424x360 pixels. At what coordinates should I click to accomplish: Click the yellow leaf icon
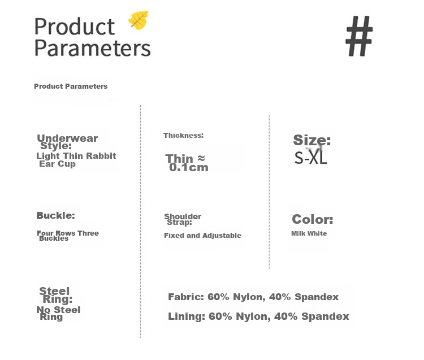click(139, 20)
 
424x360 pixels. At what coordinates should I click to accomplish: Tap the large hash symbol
click(360, 36)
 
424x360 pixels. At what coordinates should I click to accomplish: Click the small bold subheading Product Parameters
click(71, 86)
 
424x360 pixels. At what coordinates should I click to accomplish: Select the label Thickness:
click(183, 136)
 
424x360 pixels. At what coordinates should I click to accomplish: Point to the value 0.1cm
click(189, 168)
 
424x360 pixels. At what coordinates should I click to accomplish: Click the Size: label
click(311, 140)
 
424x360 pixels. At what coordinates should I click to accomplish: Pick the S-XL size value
click(311, 158)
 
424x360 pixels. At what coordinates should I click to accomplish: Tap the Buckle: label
click(56, 215)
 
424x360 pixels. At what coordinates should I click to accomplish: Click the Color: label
click(312, 219)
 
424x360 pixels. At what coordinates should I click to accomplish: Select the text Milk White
click(309, 233)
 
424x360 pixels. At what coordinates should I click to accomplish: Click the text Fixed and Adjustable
click(202, 236)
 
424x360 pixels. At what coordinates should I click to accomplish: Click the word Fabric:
click(186, 297)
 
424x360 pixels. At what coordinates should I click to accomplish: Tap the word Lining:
click(187, 316)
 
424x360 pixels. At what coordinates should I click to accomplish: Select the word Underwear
click(67, 138)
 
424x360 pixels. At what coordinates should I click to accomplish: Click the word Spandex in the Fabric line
click(317, 297)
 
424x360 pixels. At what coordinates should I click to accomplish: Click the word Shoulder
click(183, 216)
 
